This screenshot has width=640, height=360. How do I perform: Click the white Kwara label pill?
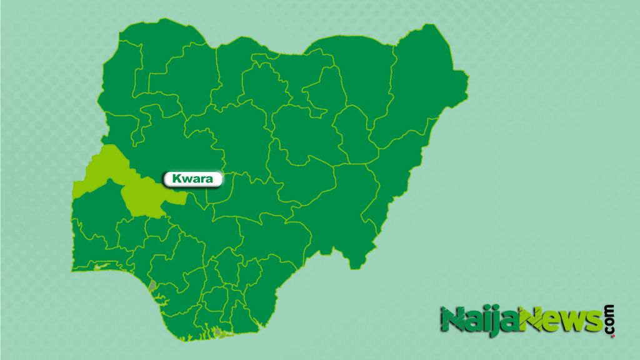pyautogui.click(x=193, y=179)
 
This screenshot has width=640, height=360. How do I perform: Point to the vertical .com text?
pyautogui.click(x=609, y=319)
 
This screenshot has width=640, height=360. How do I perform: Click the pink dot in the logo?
pyautogui.click(x=612, y=336)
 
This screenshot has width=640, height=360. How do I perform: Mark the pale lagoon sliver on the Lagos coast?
pyautogui.click(x=100, y=267)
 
